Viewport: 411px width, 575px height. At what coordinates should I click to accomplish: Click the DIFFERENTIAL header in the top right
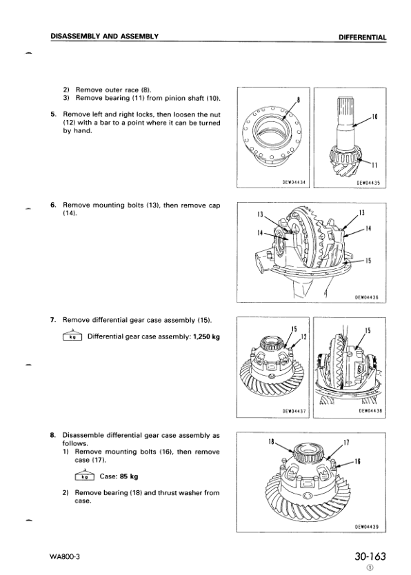(362, 37)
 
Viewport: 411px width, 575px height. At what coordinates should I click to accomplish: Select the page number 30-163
(370, 556)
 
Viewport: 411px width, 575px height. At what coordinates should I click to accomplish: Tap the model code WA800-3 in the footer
(65, 556)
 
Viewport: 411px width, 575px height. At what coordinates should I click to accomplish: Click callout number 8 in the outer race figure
(298, 101)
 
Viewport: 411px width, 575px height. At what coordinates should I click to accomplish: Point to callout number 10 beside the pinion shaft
(374, 117)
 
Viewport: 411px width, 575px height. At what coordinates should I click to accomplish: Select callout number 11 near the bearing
(374, 165)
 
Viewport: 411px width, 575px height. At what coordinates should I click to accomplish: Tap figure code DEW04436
(367, 297)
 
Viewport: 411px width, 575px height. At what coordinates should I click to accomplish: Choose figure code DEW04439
(367, 527)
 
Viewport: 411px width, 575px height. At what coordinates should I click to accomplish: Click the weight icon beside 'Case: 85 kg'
(85, 475)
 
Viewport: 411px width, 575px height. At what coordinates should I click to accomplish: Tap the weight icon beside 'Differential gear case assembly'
(72, 335)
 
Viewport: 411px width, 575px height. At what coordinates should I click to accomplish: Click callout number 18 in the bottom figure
(271, 441)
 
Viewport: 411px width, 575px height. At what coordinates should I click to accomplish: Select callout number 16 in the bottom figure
(358, 461)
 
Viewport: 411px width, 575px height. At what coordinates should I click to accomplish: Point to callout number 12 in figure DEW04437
(303, 336)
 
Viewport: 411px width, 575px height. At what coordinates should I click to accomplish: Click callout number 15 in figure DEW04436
(368, 261)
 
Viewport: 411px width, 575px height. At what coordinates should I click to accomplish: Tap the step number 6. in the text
(53, 205)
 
